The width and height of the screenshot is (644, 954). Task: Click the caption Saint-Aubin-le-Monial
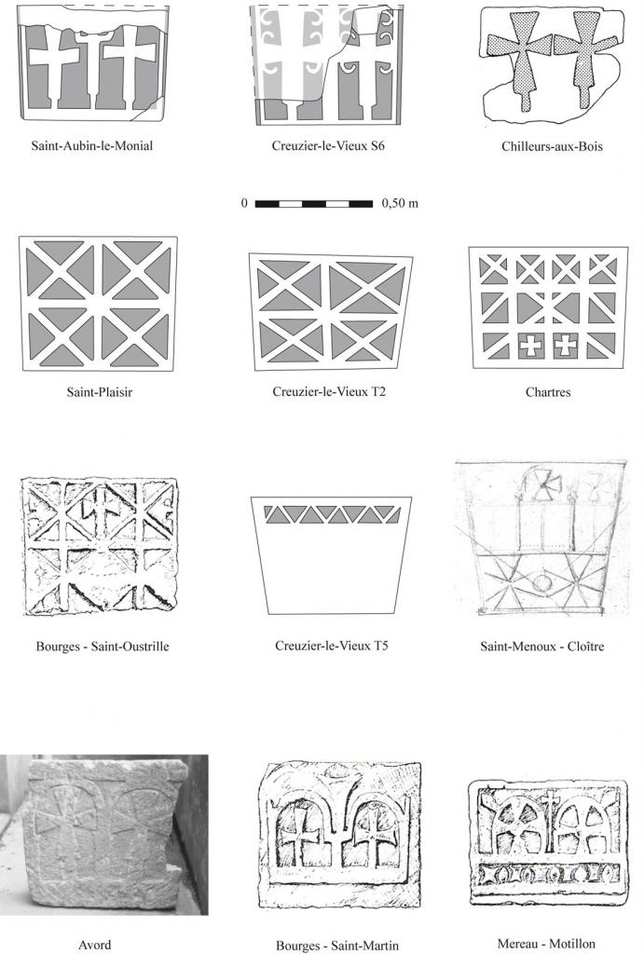click(92, 146)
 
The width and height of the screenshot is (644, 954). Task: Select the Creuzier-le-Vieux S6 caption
click(328, 146)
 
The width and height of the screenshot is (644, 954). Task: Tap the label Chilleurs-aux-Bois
click(552, 146)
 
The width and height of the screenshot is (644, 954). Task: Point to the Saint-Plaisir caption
click(99, 392)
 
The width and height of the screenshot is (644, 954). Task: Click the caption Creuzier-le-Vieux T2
click(329, 392)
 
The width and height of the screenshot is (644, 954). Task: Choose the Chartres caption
click(548, 392)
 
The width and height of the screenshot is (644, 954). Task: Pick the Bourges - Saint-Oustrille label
click(103, 647)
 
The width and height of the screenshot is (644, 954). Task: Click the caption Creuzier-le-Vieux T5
click(331, 646)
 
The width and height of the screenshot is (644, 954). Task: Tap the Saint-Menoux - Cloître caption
click(541, 647)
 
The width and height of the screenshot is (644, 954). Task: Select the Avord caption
click(95, 945)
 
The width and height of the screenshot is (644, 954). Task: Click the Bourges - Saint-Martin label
click(337, 946)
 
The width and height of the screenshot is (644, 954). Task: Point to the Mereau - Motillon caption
click(546, 944)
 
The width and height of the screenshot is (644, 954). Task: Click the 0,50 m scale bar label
click(400, 203)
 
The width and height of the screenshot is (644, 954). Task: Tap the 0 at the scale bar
click(244, 203)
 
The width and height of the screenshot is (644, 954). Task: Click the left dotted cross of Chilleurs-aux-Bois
click(521, 58)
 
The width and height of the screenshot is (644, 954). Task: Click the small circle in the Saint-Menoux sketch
click(542, 584)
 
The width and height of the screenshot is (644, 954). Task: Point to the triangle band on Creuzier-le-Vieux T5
click(332, 514)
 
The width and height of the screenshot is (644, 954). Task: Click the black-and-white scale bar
click(314, 204)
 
